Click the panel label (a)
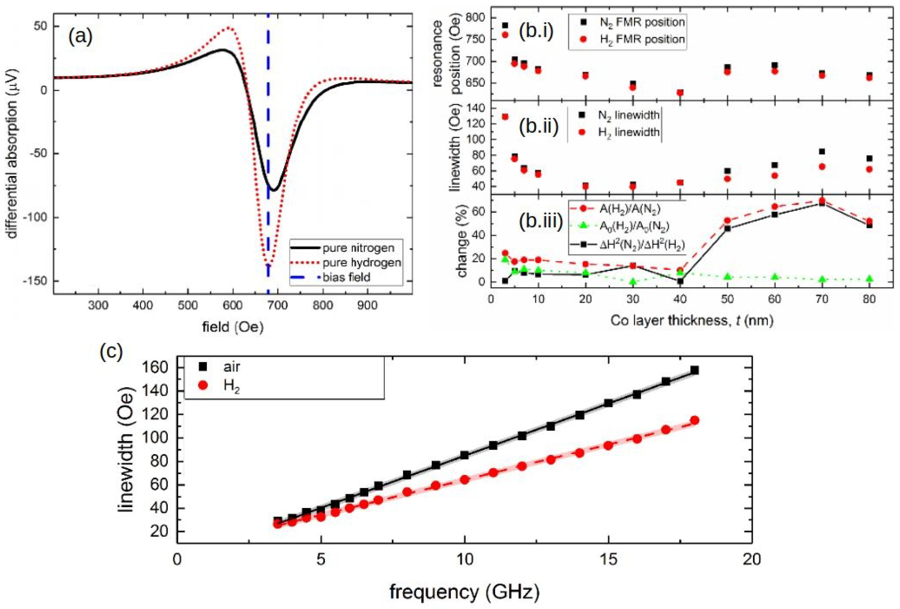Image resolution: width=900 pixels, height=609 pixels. [x=80, y=37]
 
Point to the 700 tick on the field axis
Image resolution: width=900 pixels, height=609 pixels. [x=277, y=306]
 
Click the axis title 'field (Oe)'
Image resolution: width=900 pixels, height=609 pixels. [x=232, y=327]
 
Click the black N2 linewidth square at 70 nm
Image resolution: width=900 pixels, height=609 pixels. [x=822, y=151]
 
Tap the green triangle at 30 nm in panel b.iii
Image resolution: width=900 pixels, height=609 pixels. [x=633, y=282]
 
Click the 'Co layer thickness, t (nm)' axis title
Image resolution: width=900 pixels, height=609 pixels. [x=692, y=321]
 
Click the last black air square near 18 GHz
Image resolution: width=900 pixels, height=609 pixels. [x=694, y=370]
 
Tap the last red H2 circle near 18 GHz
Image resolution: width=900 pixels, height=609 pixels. [x=694, y=420]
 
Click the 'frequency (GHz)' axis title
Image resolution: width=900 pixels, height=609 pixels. [x=464, y=592]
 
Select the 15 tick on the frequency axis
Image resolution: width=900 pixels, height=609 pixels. [x=608, y=559]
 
